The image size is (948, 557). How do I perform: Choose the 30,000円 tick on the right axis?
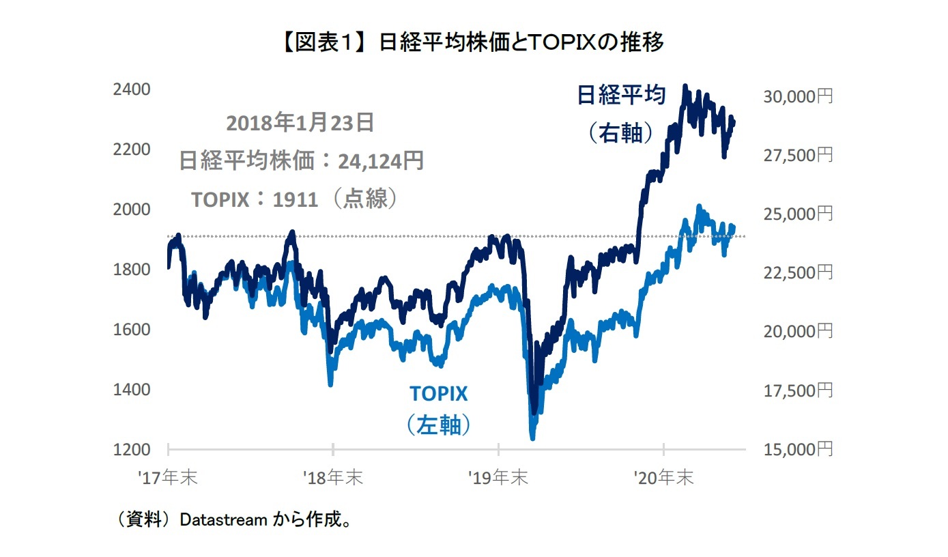(x=796, y=97)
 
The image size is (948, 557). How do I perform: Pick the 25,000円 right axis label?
(x=796, y=214)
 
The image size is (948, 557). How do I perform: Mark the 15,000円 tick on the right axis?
(x=796, y=450)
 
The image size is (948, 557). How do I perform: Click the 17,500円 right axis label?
(x=796, y=391)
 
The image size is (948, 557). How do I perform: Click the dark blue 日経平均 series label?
(x=621, y=96)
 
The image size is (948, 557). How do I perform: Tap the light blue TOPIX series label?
(x=438, y=394)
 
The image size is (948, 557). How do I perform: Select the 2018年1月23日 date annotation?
(x=300, y=123)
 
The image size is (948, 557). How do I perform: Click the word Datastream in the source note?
(x=222, y=520)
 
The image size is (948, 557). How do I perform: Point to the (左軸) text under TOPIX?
(x=438, y=425)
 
